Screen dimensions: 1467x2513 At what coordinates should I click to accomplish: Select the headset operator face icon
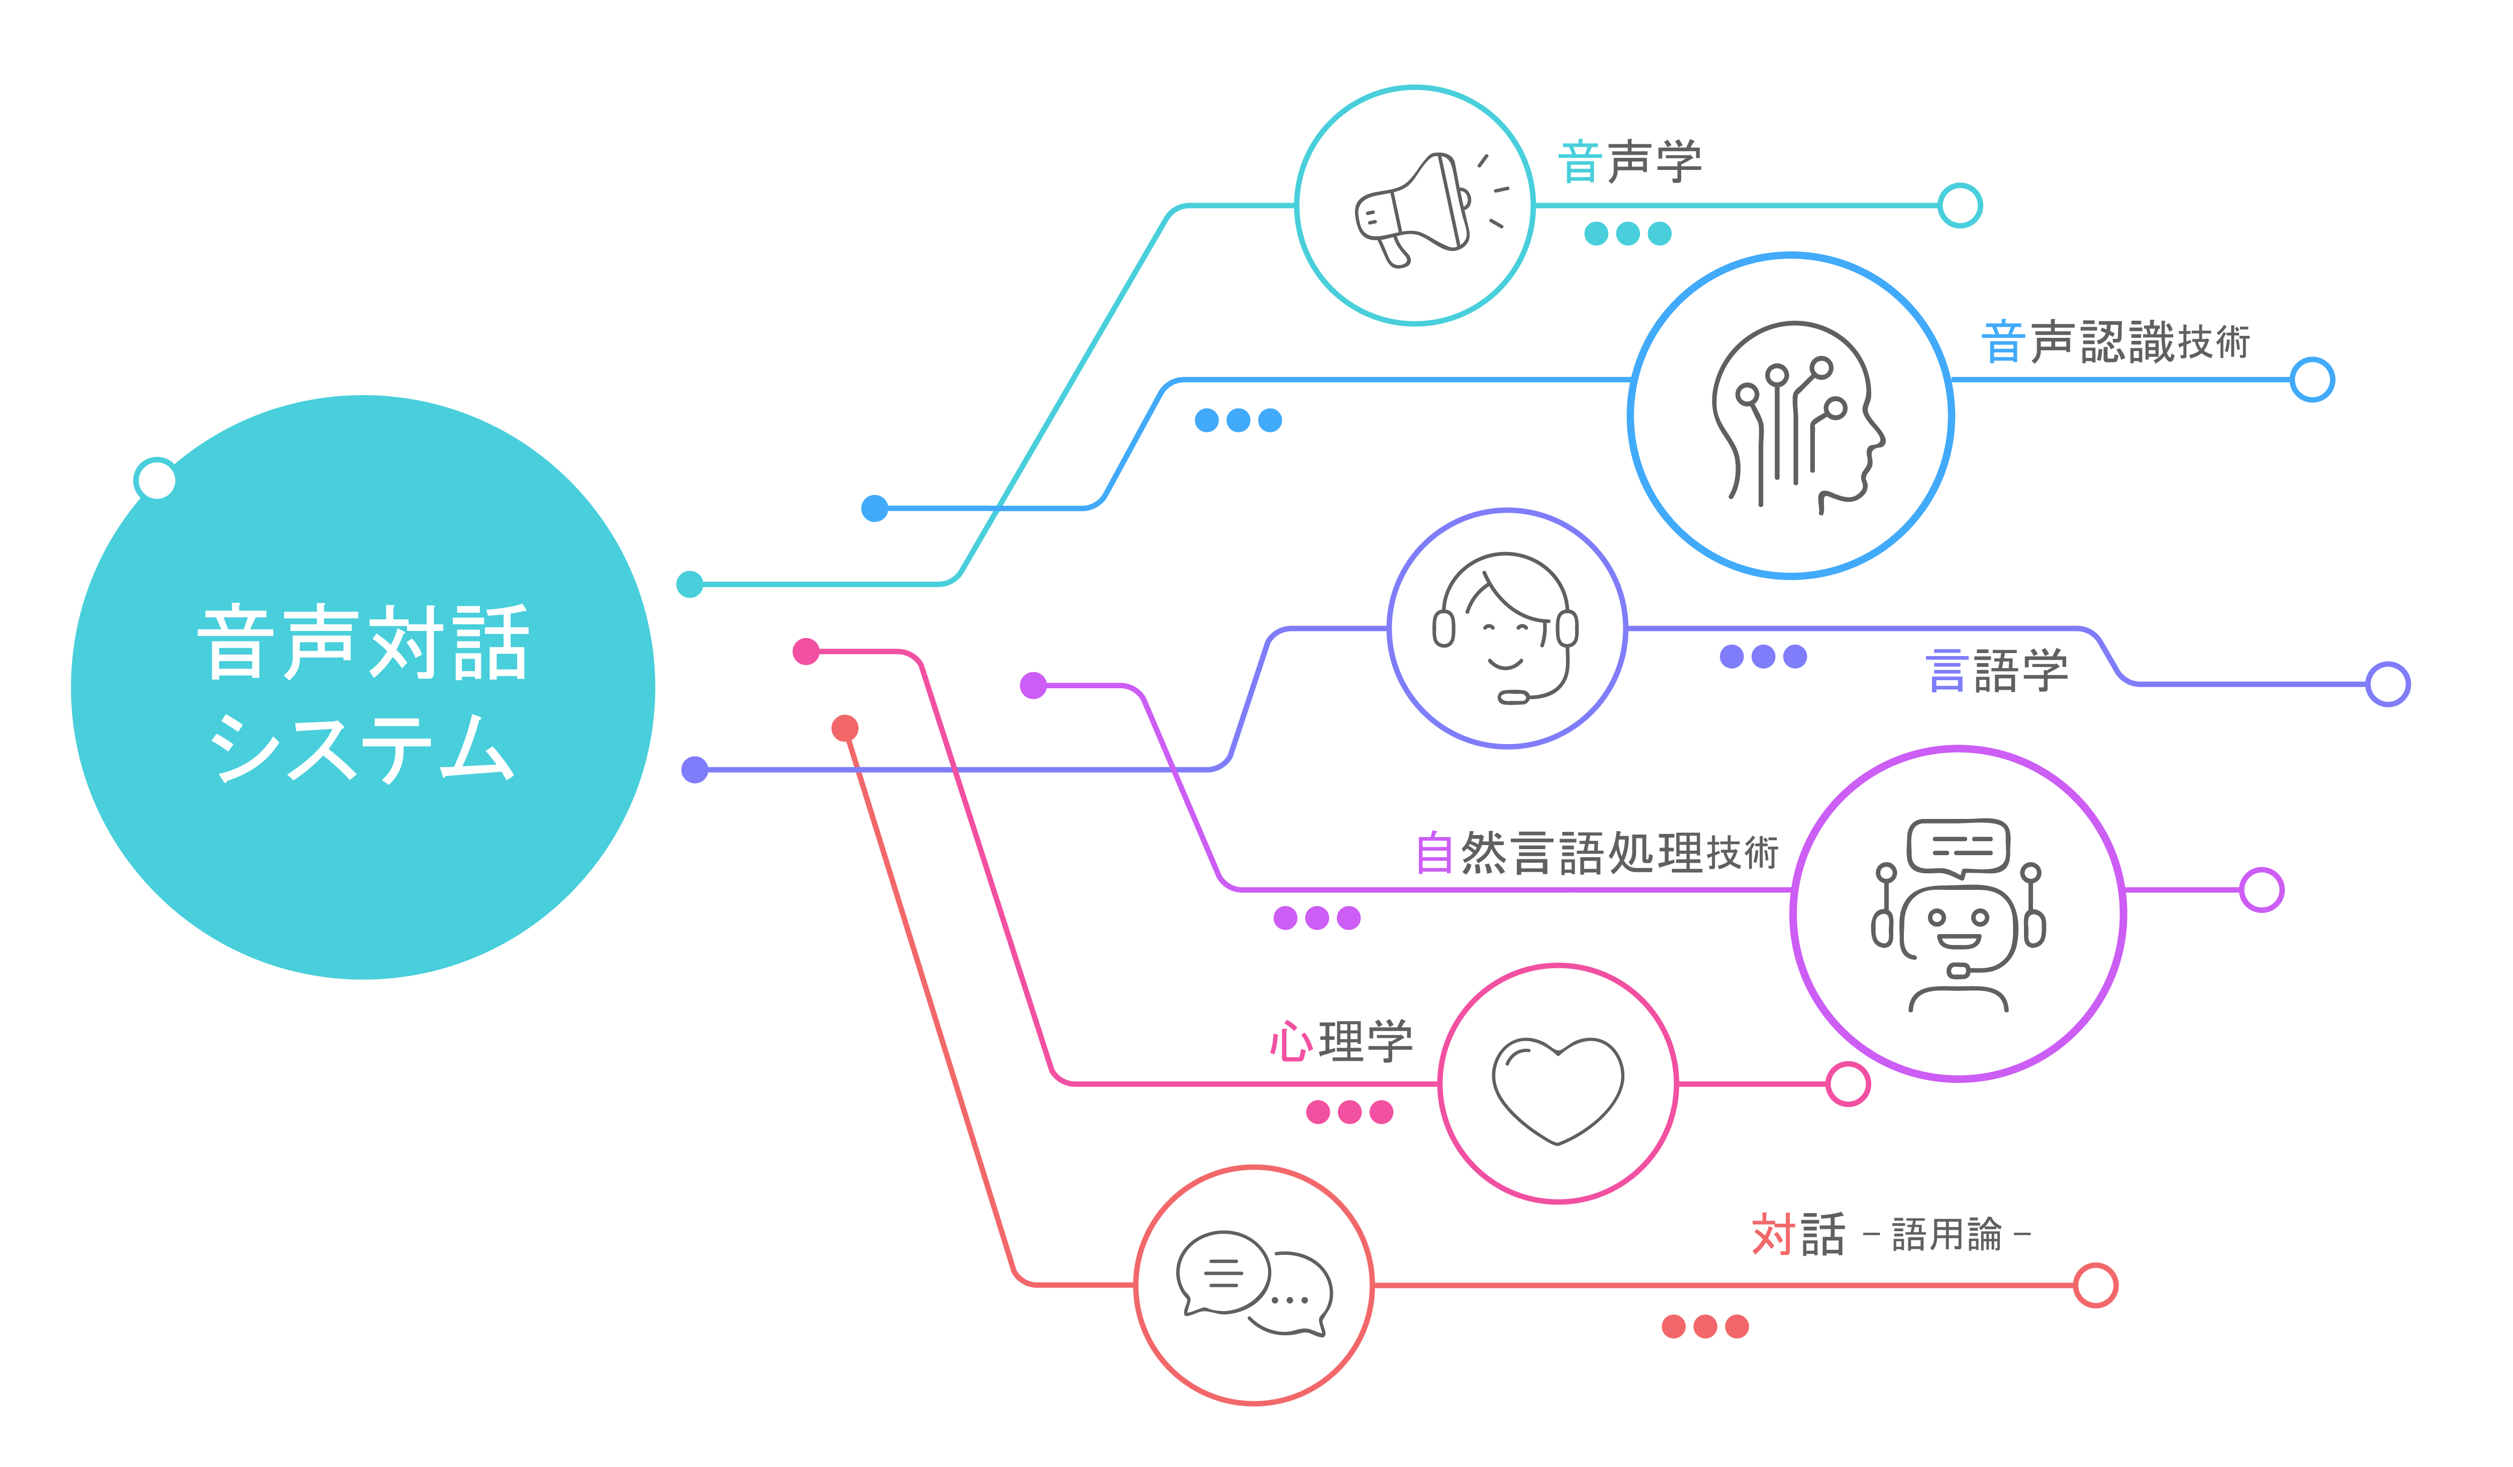coord(1506,628)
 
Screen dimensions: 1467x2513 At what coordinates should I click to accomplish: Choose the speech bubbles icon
coord(1253,1285)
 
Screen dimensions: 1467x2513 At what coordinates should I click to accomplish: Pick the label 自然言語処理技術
coord(1596,853)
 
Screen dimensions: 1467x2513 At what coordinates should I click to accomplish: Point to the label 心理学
coord(1341,1041)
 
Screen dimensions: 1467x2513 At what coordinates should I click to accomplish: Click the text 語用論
coord(1947,1235)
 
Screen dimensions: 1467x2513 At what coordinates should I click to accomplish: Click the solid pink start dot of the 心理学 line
coord(806,651)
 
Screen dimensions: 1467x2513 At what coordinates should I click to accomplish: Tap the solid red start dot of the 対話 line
coord(845,728)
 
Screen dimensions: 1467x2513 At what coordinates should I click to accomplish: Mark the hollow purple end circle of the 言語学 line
coord(2387,684)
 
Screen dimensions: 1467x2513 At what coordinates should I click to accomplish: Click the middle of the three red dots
coord(1705,1326)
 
